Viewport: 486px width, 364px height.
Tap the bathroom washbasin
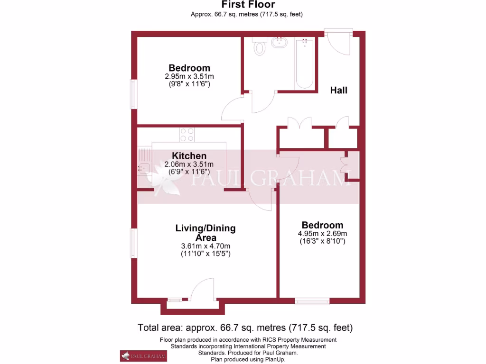click(x=280, y=44)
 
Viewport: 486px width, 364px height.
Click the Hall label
click(x=339, y=90)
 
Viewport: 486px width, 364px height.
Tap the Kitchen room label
click(x=189, y=156)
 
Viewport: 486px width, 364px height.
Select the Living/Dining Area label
click(x=206, y=233)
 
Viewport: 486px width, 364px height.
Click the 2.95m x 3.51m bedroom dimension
click(x=189, y=76)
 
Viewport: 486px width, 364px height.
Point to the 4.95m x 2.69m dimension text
click(x=323, y=233)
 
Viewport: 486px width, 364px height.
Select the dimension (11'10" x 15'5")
click(x=206, y=254)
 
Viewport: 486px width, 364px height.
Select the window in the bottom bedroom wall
click(x=312, y=300)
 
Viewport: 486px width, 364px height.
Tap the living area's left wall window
click(x=135, y=243)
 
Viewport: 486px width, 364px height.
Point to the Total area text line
click(x=245, y=328)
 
